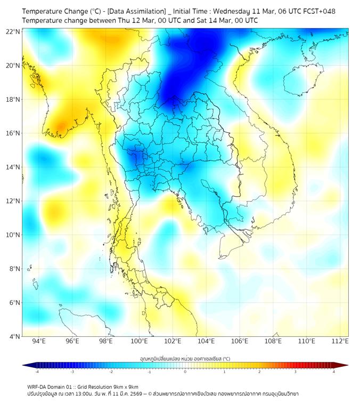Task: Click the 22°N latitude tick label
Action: pyautogui.click(x=13, y=31)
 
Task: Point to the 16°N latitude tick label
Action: pyautogui.click(x=13, y=133)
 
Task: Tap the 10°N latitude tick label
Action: pyautogui.click(x=13, y=235)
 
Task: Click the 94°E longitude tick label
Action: pyautogui.click(x=39, y=341)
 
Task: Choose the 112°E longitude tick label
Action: pyautogui.click(x=340, y=341)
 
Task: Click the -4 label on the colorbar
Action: pyautogui.click(x=37, y=372)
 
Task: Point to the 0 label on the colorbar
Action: pyautogui.click(x=185, y=372)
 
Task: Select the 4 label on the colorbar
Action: pyautogui.click(x=334, y=372)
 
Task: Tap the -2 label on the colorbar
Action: pyautogui.click(x=111, y=372)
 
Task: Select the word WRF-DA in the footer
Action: pyautogui.click(x=39, y=386)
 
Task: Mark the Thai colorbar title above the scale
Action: pyautogui.click(x=185, y=358)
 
